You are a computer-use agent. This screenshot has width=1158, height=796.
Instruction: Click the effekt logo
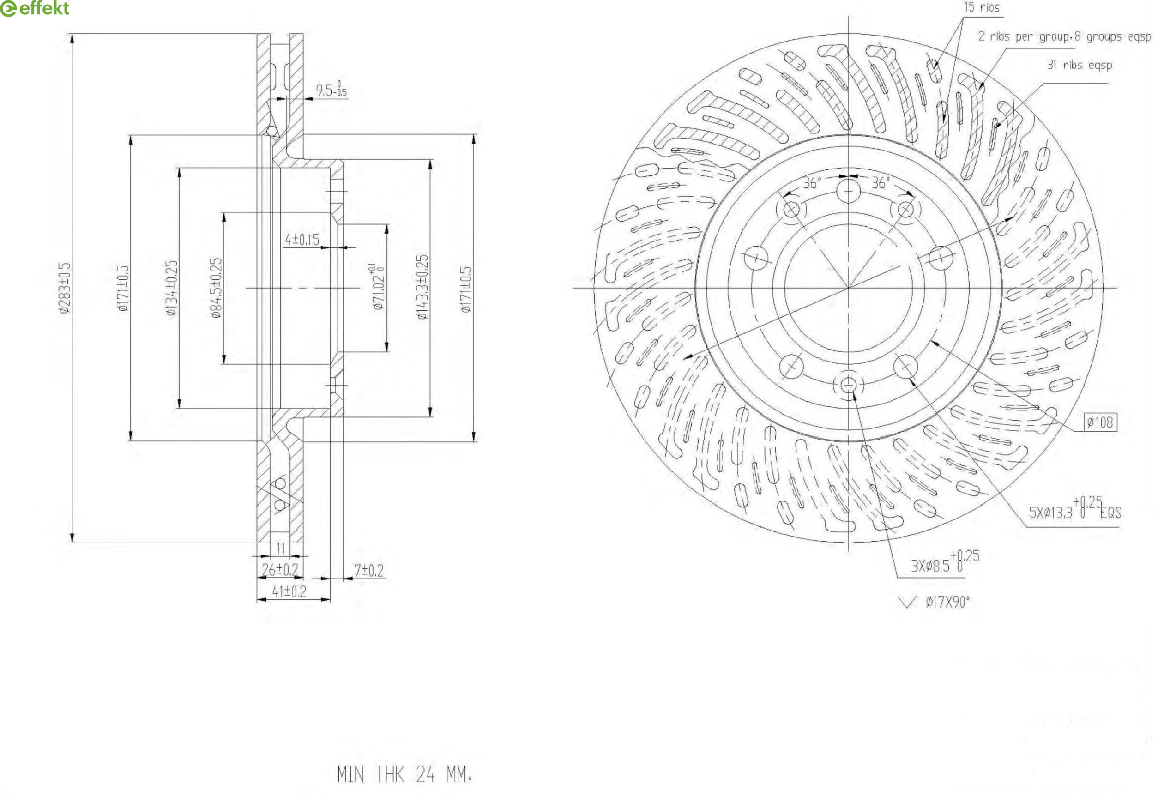35,8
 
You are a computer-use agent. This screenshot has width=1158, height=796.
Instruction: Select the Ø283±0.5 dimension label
65,288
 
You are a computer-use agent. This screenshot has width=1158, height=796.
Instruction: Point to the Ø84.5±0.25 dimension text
216,288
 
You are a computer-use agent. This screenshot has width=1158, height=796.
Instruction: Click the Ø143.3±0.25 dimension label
422,287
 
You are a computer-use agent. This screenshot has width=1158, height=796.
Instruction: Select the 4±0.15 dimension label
302,240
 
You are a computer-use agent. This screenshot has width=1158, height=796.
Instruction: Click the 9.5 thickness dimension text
331,90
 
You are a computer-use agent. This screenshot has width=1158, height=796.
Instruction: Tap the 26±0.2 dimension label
280,570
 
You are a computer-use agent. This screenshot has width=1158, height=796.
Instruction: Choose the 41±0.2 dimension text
289,591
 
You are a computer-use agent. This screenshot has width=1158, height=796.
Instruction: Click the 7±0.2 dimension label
368,571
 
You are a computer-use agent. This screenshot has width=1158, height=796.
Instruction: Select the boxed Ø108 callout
1100,422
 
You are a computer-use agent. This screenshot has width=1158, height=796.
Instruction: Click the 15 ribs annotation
981,7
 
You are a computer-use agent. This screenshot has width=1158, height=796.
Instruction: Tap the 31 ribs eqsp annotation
1079,65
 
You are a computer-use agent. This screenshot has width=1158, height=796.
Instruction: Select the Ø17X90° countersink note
947,602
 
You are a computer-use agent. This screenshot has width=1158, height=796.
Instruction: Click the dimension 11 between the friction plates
281,548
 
